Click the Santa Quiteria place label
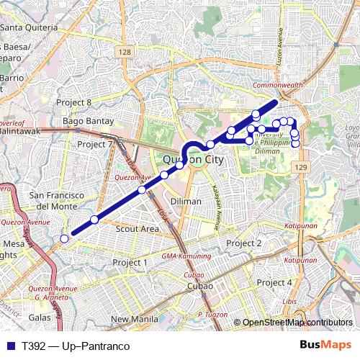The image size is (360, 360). [30, 27]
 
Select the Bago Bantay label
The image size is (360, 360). [89, 121]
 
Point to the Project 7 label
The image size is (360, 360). [95, 144]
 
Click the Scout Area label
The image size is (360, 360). [138, 228]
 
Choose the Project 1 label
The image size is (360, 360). [130, 262]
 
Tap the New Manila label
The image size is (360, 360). [134, 319]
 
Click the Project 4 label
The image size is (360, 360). [274, 282]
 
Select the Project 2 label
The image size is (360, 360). [244, 243]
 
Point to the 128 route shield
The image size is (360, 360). [126, 53]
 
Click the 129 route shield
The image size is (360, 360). [301, 167]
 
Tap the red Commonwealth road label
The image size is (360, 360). [277, 85]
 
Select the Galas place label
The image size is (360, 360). [40, 317]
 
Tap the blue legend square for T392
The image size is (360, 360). [9, 346]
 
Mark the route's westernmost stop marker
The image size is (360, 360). [65, 238]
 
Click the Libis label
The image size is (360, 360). [289, 301]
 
